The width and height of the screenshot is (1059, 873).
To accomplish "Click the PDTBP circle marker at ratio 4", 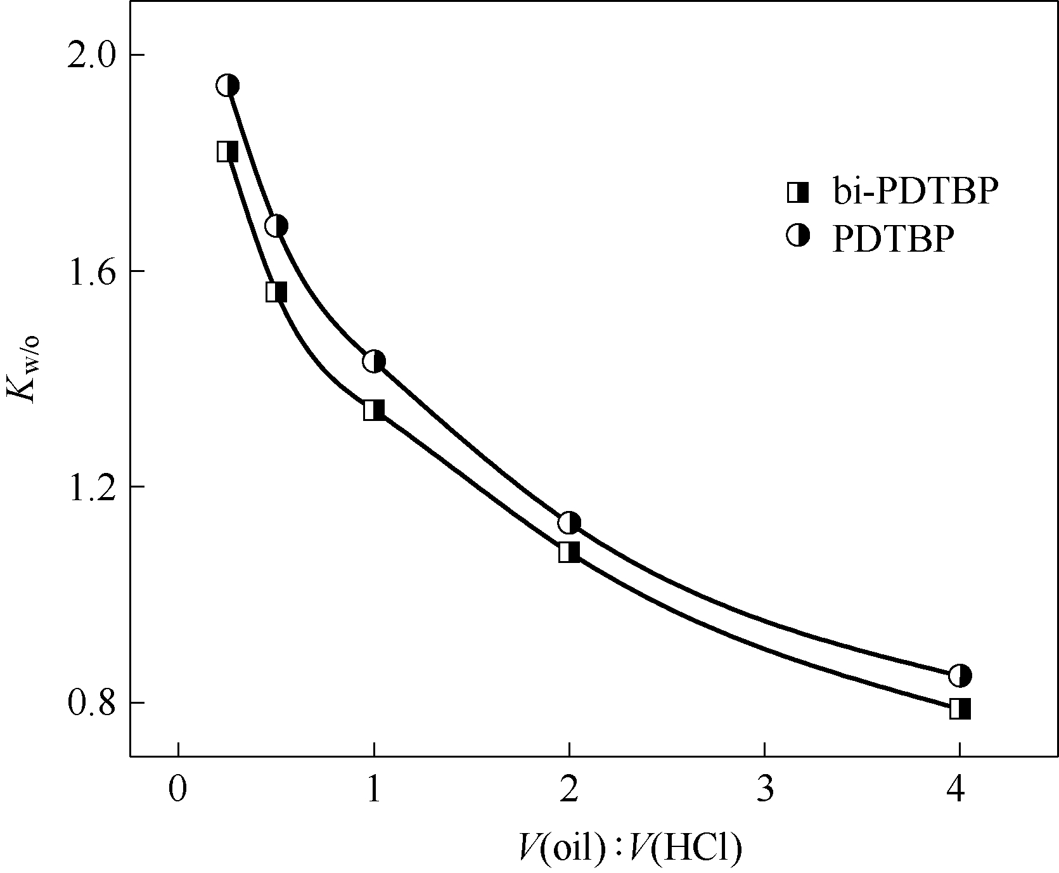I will (960, 676).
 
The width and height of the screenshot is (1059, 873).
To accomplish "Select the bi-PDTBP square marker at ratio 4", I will (960, 708).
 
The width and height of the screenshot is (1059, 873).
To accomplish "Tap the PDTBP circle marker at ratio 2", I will (569, 523).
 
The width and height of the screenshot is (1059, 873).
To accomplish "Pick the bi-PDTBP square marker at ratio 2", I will (569, 552).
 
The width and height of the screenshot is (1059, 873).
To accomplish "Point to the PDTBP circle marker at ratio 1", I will (374, 361).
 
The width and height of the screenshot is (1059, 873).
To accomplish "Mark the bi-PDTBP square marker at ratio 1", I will (374, 410).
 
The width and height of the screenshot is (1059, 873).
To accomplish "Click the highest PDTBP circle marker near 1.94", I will (228, 86).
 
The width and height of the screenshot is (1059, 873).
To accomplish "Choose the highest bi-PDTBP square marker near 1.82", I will (228, 152).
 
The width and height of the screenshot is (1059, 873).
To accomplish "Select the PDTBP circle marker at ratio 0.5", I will (276, 226).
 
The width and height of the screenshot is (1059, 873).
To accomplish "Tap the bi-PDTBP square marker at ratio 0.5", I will (276, 292).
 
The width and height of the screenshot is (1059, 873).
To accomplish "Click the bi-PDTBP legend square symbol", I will (798, 192).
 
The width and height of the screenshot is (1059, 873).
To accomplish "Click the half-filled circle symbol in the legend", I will (798, 236).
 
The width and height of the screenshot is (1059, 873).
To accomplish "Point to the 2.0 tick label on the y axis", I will (95, 55).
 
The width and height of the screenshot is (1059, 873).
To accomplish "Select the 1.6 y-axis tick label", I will (95, 271).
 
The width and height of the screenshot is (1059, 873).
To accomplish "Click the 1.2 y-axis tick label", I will (95, 487).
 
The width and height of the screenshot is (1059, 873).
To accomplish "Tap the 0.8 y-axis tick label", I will (95, 703).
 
